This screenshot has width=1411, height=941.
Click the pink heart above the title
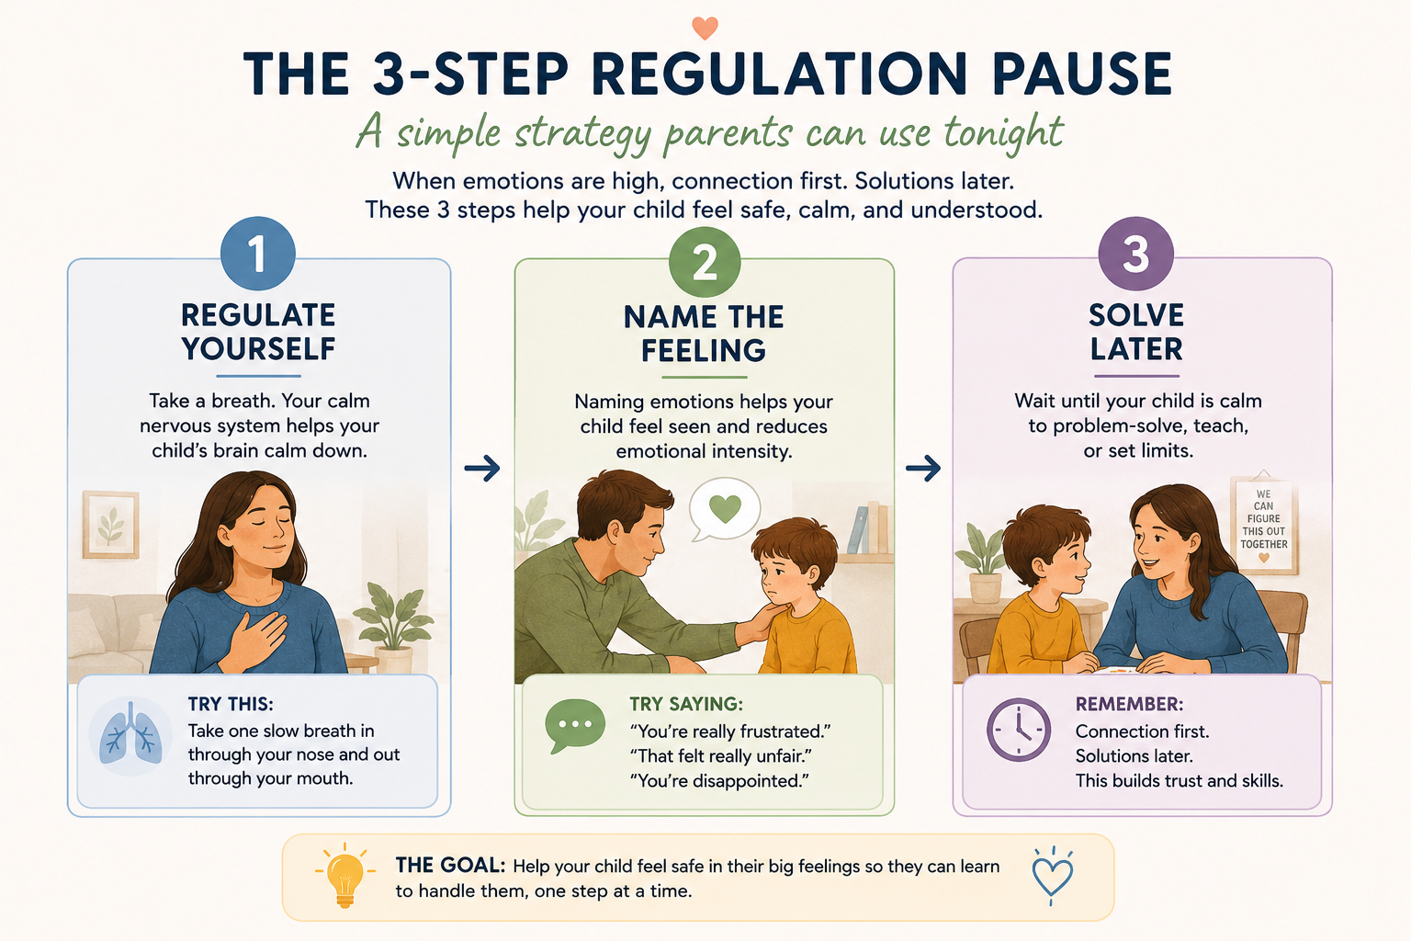click(705, 28)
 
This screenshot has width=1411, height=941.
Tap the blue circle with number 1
click(257, 254)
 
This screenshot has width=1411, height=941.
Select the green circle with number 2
click(705, 262)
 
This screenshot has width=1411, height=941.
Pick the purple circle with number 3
click(1135, 254)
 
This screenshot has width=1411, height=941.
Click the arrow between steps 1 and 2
click(482, 468)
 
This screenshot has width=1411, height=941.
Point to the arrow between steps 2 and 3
click(923, 468)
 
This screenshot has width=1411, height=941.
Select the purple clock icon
click(1018, 730)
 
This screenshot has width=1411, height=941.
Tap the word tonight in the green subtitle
click(1003, 134)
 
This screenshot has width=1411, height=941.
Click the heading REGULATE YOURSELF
click(258, 332)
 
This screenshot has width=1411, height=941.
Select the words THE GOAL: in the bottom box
click(450, 866)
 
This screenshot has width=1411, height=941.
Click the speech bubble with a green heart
click(725, 508)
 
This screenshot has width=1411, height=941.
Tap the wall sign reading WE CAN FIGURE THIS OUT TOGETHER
click(1264, 523)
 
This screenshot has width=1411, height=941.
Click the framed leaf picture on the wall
click(111, 525)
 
